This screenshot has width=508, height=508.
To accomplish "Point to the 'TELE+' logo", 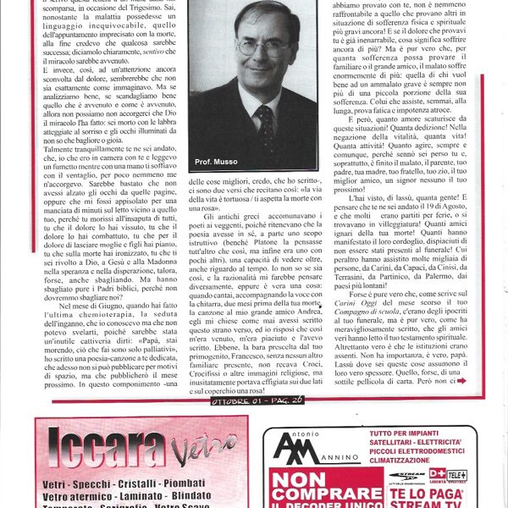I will pos(459,474).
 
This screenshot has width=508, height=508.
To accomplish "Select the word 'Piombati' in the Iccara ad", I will pos(196,483).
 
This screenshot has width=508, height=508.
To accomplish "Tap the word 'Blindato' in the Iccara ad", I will pos(191,496).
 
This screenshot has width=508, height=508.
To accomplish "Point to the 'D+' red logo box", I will pos(437,474).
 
